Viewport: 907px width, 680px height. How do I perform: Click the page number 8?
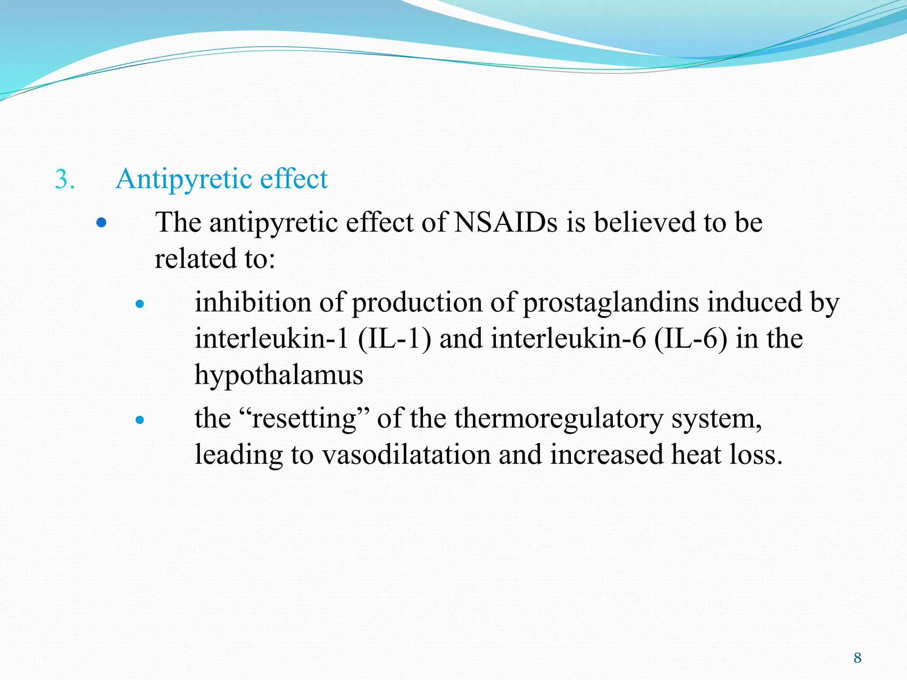click(x=857, y=658)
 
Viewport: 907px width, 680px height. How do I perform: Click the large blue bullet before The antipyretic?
click(x=101, y=222)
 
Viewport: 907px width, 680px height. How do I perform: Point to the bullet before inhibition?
click(x=140, y=304)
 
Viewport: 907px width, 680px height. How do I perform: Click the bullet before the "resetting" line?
click(x=140, y=420)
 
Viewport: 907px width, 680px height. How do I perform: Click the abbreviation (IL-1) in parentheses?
click(x=394, y=340)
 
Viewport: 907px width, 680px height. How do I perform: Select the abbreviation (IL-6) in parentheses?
click(x=690, y=340)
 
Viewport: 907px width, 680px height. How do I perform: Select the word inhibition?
click(x=253, y=303)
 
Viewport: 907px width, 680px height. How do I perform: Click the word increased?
click(x=606, y=455)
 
